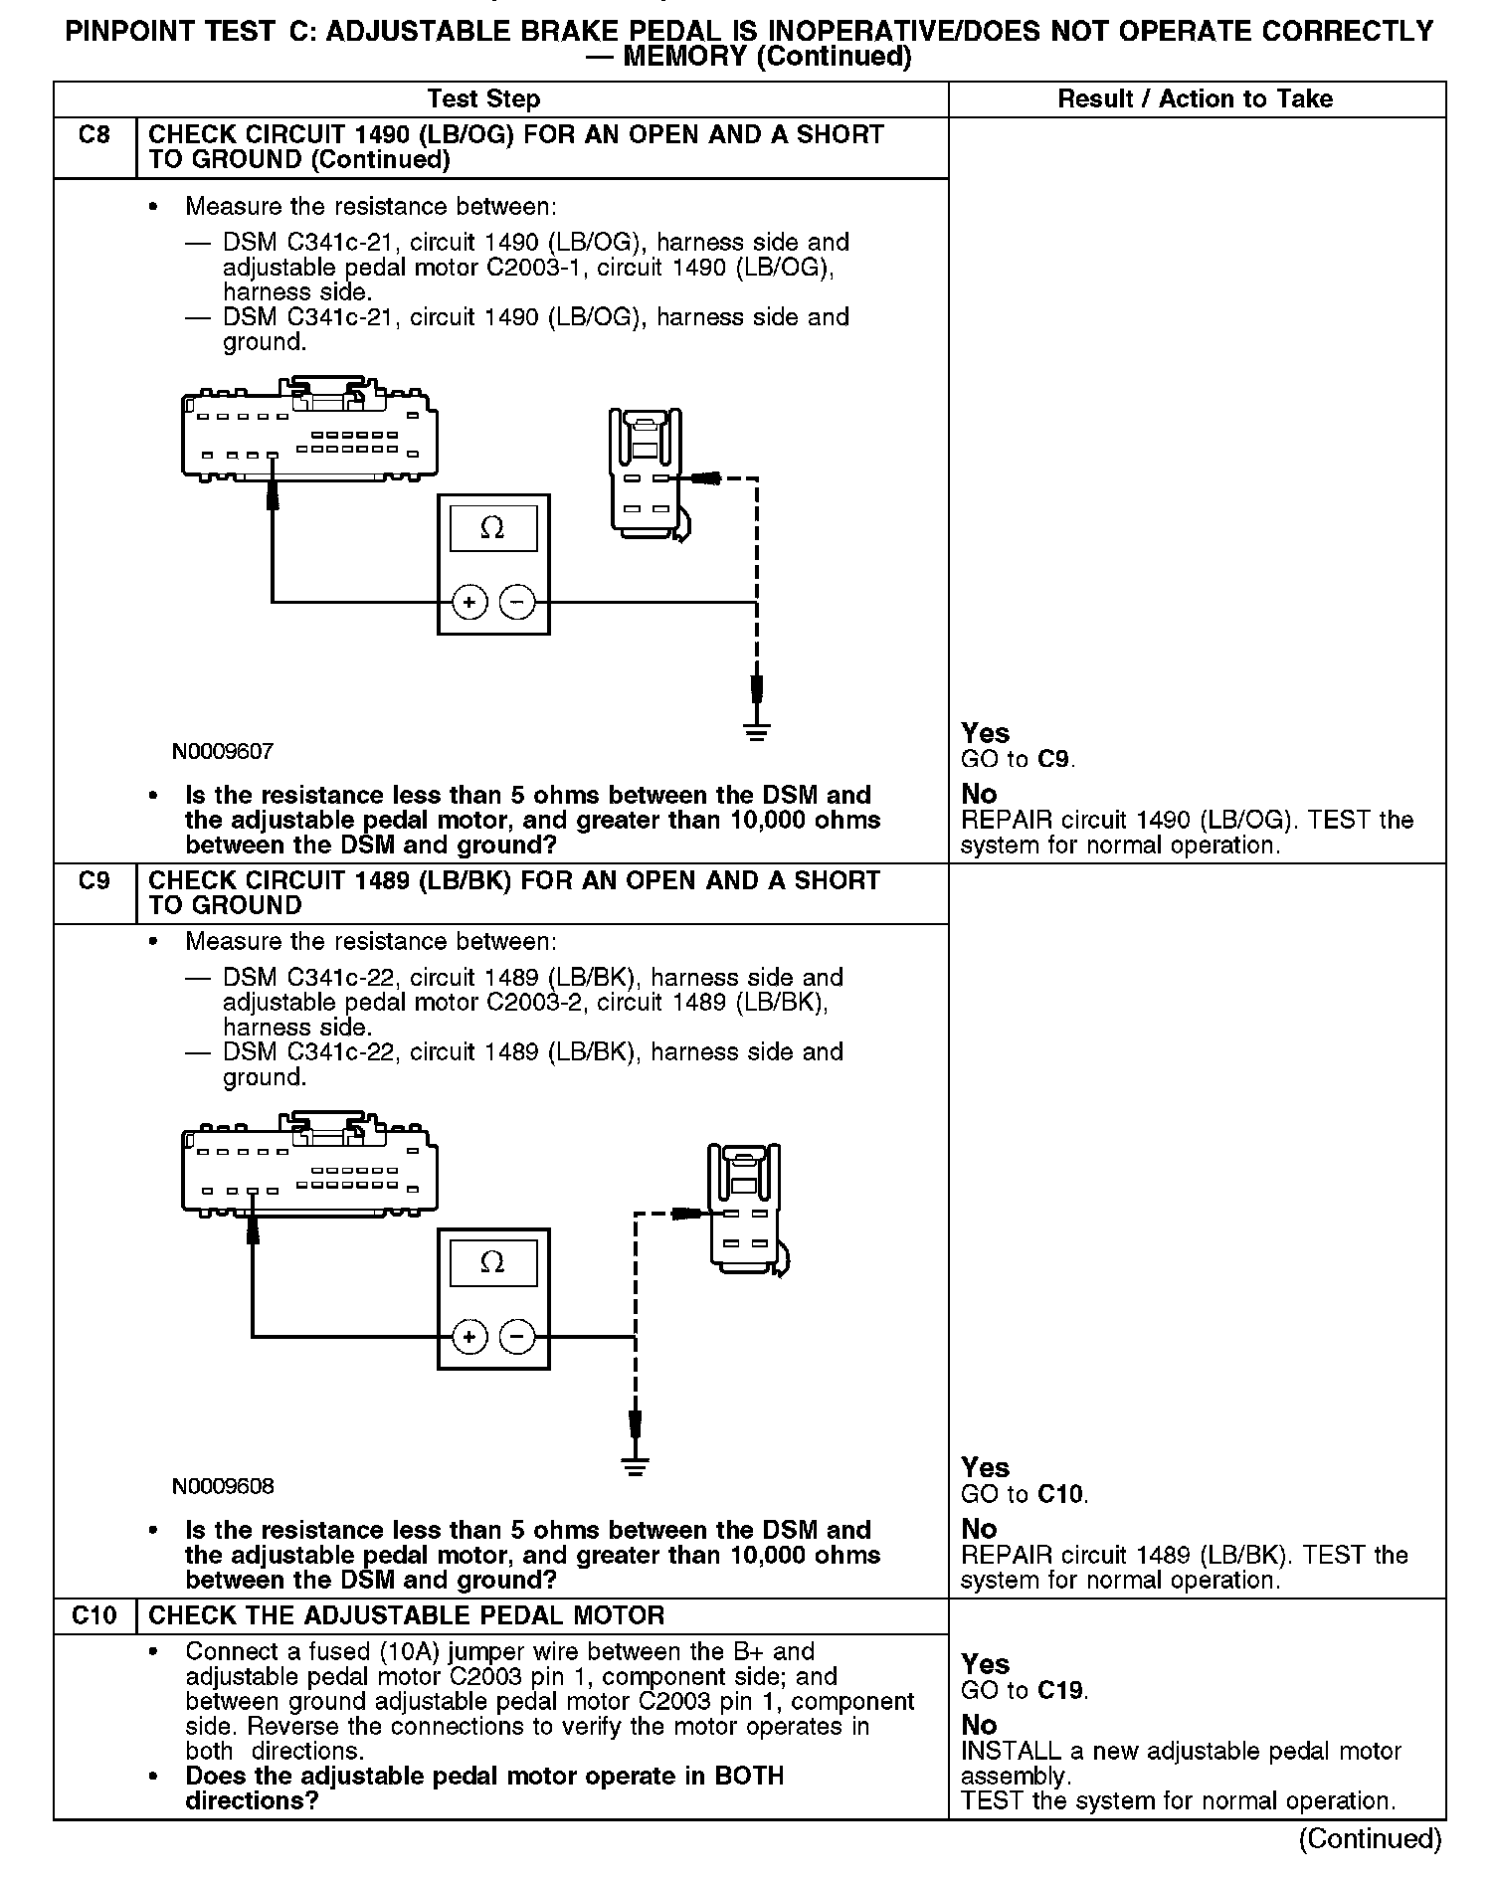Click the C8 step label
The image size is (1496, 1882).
[x=94, y=134]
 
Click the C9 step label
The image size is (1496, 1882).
[x=94, y=880]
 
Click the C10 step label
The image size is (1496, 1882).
[x=94, y=1615]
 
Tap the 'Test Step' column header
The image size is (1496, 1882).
[x=483, y=99]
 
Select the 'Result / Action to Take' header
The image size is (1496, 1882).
[x=1195, y=99]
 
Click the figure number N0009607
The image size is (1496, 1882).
[x=223, y=752]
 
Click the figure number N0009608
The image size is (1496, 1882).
[x=223, y=1486]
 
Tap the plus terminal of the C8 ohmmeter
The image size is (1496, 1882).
[x=468, y=602]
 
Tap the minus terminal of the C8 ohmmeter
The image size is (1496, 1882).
[x=516, y=602]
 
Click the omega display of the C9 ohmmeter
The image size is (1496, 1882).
[x=492, y=1263]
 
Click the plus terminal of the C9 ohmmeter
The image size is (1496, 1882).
[x=468, y=1337]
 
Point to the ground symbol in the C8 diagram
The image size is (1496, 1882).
[x=757, y=733]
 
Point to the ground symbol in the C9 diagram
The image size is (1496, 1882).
[x=635, y=1467]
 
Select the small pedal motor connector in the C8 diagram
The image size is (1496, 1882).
[x=645, y=472]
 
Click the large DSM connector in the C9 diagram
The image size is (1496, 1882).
[x=308, y=1169]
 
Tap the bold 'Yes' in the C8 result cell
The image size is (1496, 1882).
[x=985, y=733]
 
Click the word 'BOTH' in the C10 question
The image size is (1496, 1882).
[x=749, y=1776]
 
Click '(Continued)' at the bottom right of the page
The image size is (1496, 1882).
[x=1369, y=1838]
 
